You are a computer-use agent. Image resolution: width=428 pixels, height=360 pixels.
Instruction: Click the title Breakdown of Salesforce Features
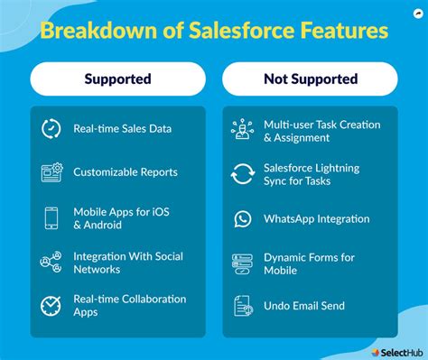point(214,32)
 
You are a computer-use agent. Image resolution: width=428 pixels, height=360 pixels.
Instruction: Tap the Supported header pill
point(116,78)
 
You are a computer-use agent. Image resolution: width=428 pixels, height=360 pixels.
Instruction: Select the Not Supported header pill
point(310,78)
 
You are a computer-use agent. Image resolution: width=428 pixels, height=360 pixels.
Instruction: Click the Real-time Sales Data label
point(122,128)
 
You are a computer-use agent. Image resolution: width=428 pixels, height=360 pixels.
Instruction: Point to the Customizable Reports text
point(126,171)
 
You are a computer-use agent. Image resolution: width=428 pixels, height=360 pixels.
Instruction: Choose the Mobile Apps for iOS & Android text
point(121,217)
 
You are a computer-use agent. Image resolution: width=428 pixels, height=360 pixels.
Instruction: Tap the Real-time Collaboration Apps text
point(129,305)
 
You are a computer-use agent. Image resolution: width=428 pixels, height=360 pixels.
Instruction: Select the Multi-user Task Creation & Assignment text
point(321,130)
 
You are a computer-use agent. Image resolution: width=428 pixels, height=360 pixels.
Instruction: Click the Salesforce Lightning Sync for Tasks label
point(311,174)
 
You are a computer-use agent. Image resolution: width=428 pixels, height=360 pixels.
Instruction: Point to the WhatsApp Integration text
point(316,218)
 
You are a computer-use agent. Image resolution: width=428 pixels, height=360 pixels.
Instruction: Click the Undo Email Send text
point(304,305)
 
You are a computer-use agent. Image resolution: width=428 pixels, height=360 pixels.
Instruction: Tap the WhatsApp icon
point(242,218)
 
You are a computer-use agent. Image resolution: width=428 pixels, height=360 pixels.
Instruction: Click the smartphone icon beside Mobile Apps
point(52,217)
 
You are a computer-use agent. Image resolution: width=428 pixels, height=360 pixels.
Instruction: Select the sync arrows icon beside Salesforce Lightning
point(242,174)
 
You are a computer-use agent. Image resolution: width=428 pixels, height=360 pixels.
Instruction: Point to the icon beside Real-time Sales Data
point(51,128)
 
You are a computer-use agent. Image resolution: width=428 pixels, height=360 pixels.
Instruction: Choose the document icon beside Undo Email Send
point(242,305)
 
